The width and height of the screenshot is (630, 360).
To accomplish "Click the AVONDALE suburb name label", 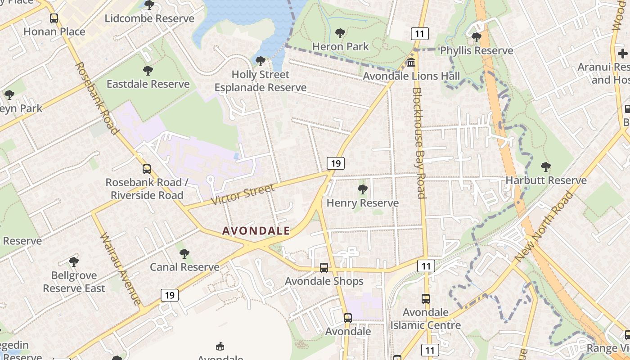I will [256, 231].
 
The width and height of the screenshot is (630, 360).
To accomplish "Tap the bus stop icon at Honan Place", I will [54, 18].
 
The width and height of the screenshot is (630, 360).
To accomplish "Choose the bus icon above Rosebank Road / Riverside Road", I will [147, 169].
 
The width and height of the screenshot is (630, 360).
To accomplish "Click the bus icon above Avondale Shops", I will [324, 268].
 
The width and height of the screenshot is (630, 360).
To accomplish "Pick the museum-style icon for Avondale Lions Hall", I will [411, 63].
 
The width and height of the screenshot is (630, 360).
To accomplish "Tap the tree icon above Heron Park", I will [340, 33].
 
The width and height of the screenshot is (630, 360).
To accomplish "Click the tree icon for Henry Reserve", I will [362, 189].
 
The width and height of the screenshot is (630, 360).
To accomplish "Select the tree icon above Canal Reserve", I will [184, 254].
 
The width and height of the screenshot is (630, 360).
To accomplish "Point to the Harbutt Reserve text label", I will [546, 180].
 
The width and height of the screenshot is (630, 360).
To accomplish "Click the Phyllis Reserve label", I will [476, 50].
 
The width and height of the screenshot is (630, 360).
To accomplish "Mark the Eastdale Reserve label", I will [148, 84].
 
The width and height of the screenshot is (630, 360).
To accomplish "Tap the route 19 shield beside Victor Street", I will [336, 163].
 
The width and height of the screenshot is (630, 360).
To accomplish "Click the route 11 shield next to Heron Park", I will [419, 33].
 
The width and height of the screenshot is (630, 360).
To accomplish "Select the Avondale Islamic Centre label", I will [425, 319].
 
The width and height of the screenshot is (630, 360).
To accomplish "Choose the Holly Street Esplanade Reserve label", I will [260, 81].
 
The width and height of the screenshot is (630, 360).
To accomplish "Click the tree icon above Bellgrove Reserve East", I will [74, 262].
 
